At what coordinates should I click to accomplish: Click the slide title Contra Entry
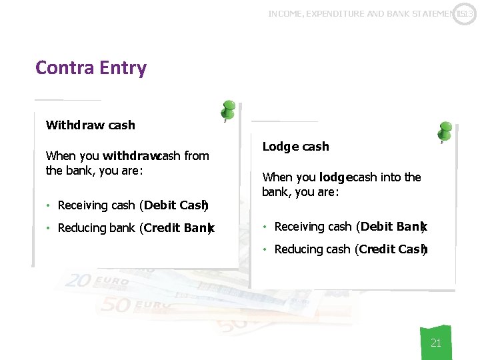tap(91, 68)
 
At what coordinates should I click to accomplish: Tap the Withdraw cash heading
tap(90, 125)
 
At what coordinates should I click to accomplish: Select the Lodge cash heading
tap(295, 147)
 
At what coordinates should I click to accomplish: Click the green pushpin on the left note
tap(229, 109)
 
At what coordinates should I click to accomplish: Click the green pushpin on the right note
tap(445, 130)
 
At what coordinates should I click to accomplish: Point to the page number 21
tap(436, 343)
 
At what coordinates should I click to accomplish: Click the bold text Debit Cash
tap(174, 205)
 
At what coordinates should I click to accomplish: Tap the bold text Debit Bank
tap(392, 227)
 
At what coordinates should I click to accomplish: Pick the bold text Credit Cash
tap(392, 249)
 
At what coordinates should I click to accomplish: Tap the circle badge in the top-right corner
tap(465, 13)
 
